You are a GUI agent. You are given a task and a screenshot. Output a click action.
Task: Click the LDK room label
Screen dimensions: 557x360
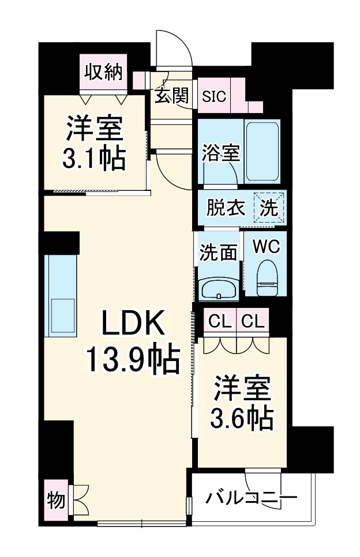pyautogui.click(x=134, y=324)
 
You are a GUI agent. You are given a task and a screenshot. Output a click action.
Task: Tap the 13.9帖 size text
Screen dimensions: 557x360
pyautogui.click(x=133, y=359)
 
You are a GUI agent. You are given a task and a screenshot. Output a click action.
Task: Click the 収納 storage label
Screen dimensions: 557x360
pyautogui.click(x=104, y=72)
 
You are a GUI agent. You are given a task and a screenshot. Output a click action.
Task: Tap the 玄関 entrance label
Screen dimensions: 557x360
pyautogui.click(x=171, y=96)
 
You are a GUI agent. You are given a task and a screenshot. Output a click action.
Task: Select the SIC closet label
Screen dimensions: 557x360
pyautogui.click(x=213, y=96)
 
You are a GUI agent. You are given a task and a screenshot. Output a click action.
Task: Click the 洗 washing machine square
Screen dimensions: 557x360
pyautogui.click(x=269, y=208)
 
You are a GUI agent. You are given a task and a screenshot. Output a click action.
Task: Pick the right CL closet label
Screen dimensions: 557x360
pyautogui.click(x=253, y=321)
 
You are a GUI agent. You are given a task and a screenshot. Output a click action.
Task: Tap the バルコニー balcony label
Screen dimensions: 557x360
pyautogui.click(x=252, y=496)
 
